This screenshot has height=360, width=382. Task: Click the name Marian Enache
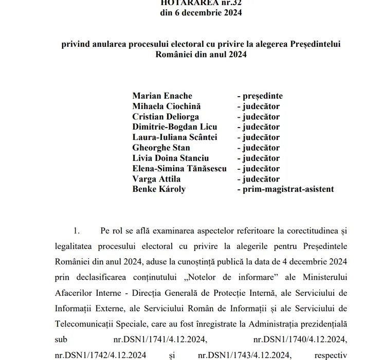[x=162, y=96]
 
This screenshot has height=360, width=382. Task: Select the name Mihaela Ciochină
[x=166, y=106]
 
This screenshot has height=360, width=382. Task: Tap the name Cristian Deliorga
[x=166, y=117]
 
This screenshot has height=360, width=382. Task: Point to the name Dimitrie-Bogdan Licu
[x=174, y=127]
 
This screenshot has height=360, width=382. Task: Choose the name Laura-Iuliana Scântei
[x=174, y=137]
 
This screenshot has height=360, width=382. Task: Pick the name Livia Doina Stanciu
[x=170, y=158]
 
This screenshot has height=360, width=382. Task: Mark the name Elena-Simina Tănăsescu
[x=179, y=168]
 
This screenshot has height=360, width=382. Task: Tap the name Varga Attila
[x=156, y=179]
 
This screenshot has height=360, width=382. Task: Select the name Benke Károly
[x=159, y=189]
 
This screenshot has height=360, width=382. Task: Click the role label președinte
[x=262, y=96]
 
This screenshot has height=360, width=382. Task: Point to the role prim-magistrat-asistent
[x=285, y=189]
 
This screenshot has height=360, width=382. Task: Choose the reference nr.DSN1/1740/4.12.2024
[x=300, y=340]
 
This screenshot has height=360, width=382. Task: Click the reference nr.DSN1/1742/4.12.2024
[x=100, y=355]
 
